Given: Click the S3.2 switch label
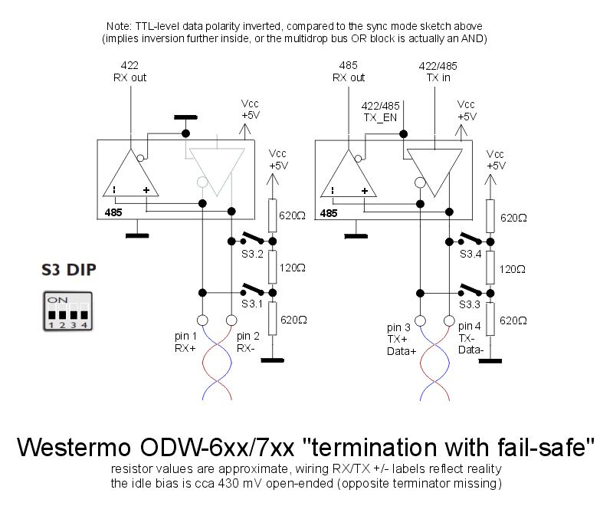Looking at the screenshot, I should click(253, 255).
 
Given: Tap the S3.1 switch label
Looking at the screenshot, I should click(253, 304).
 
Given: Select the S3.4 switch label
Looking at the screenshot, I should click(471, 255).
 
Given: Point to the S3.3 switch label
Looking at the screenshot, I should click(471, 304).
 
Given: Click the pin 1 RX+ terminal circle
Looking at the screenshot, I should click(202, 320).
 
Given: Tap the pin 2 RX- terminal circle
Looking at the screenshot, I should click(231, 320).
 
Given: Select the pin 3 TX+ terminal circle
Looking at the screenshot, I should click(419, 320).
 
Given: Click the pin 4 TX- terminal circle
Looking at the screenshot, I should click(448, 320).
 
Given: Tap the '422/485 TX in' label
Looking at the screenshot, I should click(438, 71).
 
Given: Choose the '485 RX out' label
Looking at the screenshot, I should click(349, 71).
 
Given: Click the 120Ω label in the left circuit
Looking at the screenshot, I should click(294, 268).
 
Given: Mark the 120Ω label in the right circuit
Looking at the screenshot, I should click(512, 268).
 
